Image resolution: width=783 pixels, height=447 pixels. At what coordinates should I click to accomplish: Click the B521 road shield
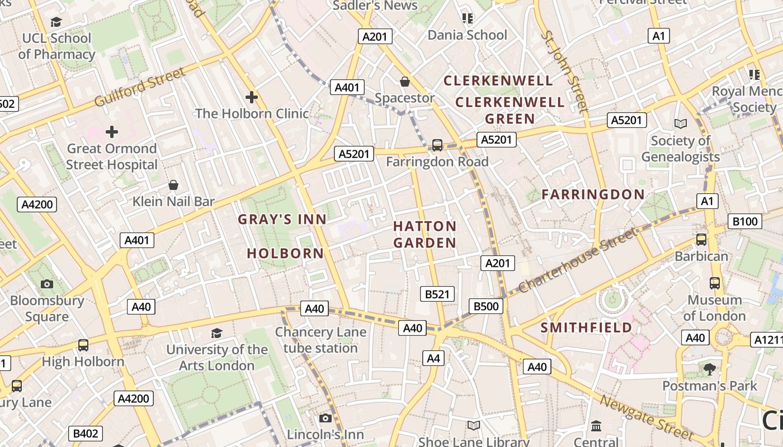(x=437, y=294)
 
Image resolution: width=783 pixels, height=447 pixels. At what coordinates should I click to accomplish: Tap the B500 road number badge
(x=486, y=306)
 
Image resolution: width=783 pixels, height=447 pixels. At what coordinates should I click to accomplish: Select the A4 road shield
(x=433, y=358)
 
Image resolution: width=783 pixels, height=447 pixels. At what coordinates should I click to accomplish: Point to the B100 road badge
(x=745, y=221)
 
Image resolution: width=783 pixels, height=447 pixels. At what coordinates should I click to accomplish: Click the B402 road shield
(x=86, y=434)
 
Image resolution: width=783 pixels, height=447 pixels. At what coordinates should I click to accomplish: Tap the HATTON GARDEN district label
(x=424, y=235)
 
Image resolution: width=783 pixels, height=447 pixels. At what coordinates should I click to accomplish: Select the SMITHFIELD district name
(x=586, y=327)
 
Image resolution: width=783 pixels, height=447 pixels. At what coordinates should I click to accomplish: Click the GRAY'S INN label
(x=282, y=220)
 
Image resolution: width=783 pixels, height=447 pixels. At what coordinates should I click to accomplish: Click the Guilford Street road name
(x=139, y=87)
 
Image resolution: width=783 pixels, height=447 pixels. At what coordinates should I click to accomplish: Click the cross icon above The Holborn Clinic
(x=252, y=97)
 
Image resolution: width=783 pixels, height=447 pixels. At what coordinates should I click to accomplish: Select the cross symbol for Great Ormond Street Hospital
(x=112, y=132)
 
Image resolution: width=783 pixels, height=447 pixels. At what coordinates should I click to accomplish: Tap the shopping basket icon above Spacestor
(x=405, y=82)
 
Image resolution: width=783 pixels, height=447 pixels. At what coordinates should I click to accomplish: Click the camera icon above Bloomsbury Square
(x=47, y=284)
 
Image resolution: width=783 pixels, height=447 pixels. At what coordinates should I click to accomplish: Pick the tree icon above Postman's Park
(x=709, y=369)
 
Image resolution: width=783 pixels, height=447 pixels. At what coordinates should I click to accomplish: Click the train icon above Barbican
(x=701, y=240)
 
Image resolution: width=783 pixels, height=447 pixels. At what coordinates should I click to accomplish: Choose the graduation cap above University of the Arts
(x=216, y=334)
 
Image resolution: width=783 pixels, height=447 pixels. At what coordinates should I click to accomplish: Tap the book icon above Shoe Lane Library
(x=474, y=425)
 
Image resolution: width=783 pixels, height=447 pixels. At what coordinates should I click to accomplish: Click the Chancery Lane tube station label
(x=320, y=340)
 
